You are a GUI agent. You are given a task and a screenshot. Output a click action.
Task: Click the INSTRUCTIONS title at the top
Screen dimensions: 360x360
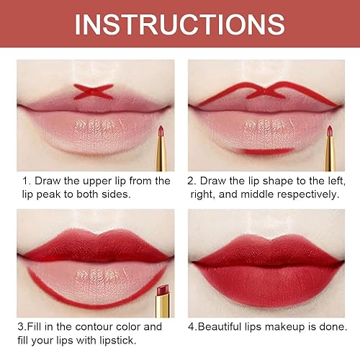pos(180,24)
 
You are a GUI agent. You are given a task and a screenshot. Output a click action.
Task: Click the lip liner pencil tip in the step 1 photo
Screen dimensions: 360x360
pos(161,130)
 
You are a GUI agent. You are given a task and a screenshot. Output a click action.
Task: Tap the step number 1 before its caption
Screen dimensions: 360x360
pos(24,181)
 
